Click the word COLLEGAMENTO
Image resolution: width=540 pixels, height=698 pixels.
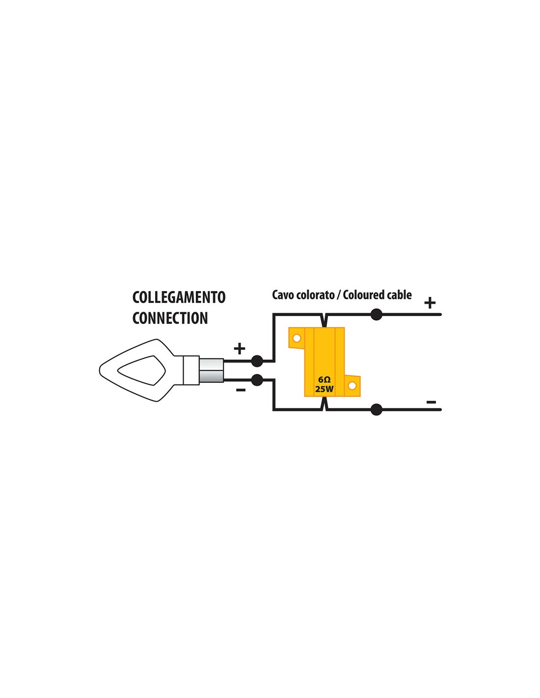click(179, 297)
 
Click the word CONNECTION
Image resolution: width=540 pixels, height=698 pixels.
click(170, 318)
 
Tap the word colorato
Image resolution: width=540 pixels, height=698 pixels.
click(315, 295)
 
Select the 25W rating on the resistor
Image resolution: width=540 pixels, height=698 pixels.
click(324, 390)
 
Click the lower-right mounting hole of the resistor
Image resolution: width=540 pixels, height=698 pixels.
click(352, 385)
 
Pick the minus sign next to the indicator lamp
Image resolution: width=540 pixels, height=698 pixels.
click(241, 390)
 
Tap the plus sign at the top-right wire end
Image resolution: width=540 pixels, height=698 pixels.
click(430, 302)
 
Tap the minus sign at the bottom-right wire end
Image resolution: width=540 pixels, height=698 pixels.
click(432, 402)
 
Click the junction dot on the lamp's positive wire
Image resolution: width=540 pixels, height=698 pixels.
click(256, 361)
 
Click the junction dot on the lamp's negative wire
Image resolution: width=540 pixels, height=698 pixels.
click(256, 380)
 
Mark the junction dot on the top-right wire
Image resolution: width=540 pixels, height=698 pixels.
click(376, 315)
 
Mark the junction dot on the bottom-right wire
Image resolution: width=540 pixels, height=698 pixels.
click(376, 410)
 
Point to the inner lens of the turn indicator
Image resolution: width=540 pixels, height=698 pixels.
click(142, 371)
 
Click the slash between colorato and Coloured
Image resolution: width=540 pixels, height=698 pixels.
click(339, 295)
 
